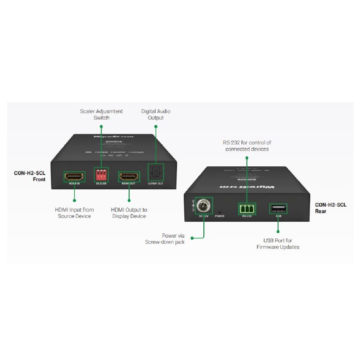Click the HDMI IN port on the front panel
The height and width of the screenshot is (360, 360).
tap(74, 176)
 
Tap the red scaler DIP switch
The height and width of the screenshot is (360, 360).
tap(101, 175)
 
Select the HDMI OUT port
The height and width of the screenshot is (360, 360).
tap(129, 176)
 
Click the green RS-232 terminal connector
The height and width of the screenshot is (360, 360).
tap(247, 209)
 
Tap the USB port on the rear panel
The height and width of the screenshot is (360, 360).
tap(278, 208)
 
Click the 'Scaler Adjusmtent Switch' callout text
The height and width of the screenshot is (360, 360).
tap(101, 114)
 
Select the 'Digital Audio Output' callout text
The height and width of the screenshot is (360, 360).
tap(156, 114)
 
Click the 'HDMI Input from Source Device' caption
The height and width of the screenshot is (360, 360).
tap(74, 213)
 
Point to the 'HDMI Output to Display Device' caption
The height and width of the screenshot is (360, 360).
tap(129, 213)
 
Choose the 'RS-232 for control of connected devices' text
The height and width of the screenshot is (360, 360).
tap(247, 146)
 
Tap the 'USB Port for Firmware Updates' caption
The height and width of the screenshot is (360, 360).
tap(278, 244)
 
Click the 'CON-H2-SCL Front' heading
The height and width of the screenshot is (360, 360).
tap(30, 176)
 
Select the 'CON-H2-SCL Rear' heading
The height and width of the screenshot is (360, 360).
tap(330, 208)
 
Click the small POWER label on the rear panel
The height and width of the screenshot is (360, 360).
tap(220, 216)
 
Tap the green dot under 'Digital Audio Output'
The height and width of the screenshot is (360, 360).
tap(156, 126)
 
